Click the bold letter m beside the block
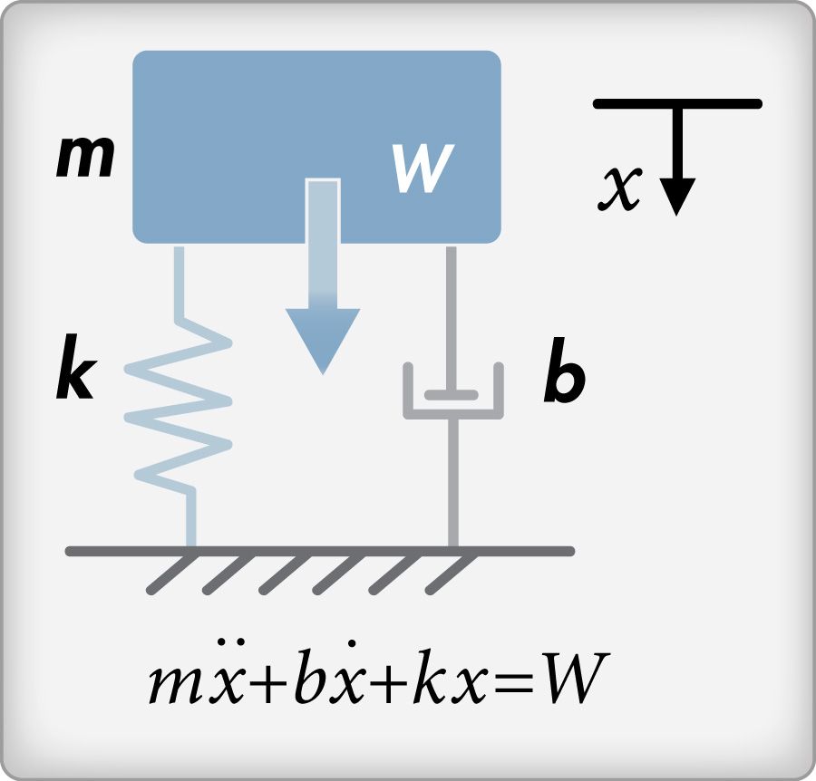[x=86, y=159]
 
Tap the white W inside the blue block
[x=423, y=169]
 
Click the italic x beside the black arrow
[x=623, y=188]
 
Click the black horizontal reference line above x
[x=676, y=104]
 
